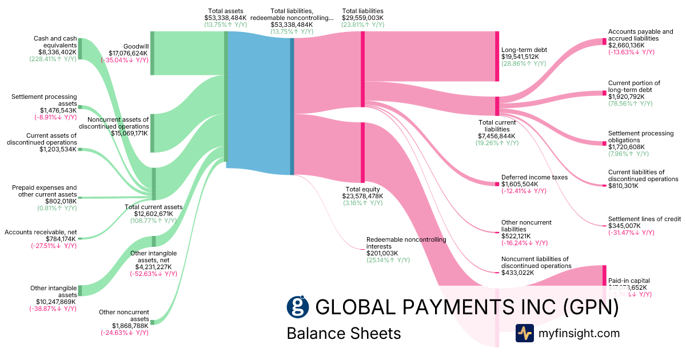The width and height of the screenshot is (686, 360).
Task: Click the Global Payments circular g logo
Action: (298, 307)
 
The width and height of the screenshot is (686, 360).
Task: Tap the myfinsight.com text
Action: (579, 333)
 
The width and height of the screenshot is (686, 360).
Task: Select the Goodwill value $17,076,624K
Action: (125, 53)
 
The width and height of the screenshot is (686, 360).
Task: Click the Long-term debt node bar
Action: (497, 57)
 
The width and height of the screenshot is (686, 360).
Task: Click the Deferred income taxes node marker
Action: (497, 183)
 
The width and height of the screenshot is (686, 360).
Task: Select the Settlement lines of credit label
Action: (644, 219)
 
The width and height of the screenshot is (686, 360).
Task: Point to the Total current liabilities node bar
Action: (497, 106)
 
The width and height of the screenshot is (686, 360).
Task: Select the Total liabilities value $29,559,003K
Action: (362, 18)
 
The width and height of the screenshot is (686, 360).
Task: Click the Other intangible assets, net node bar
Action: (153, 241)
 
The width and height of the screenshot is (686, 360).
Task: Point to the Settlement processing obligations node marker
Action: (604, 143)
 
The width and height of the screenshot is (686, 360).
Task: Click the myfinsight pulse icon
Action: (524, 333)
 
